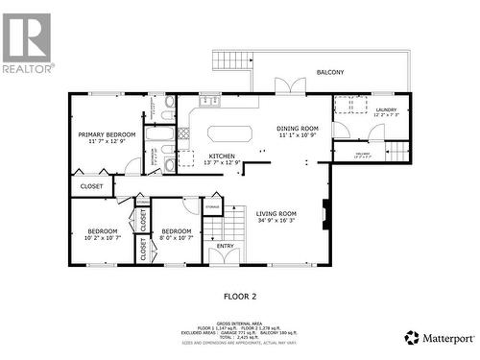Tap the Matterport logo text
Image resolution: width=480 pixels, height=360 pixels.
(x=445, y=338)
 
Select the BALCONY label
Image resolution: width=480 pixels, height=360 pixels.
(x=330, y=72)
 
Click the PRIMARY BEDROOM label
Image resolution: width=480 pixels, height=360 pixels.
(x=107, y=138)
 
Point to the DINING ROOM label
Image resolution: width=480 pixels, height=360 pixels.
(x=297, y=132)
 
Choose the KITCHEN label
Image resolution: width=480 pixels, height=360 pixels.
(x=224, y=159)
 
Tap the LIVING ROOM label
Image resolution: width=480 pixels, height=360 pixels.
(x=276, y=217)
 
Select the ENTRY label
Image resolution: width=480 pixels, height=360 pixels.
(x=225, y=246)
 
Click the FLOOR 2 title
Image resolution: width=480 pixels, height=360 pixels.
(x=240, y=297)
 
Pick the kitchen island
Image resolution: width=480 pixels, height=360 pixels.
(x=228, y=132)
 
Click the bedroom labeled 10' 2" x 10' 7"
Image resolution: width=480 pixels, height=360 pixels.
(x=103, y=234)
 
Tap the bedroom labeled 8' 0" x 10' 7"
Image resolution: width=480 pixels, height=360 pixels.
(x=176, y=234)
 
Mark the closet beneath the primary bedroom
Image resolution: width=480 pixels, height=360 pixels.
(x=91, y=186)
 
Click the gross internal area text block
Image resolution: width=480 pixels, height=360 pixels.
(x=240, y=330)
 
